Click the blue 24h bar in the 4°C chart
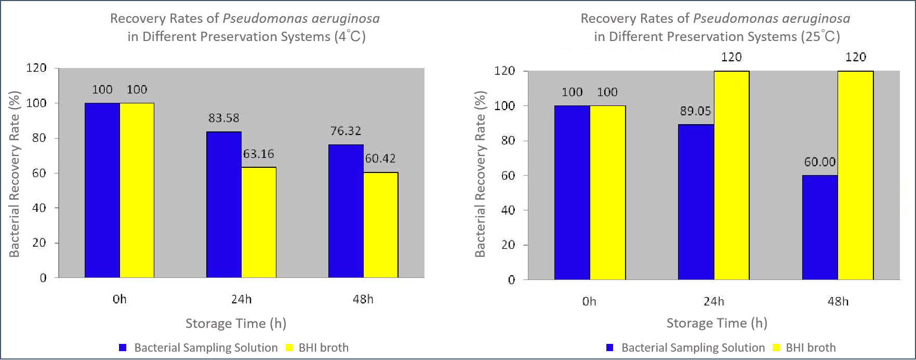click(224, 205)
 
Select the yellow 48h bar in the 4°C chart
click(380, 225)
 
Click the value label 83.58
click(224, 118)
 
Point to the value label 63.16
click(258, 154)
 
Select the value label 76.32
click(346, 131)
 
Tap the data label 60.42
click(380, 159)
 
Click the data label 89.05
click(695, 111)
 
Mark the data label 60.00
click(819, 162)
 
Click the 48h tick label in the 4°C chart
click(363, 299)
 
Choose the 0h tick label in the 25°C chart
click(589, 302)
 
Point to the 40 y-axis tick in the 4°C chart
click(39, 208)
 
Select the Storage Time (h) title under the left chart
click(236, 324)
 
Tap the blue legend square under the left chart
click(123, 348)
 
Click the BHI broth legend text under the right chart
click(811, 348)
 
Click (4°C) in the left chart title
click(350, 37)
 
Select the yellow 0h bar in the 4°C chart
click(137, 190)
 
